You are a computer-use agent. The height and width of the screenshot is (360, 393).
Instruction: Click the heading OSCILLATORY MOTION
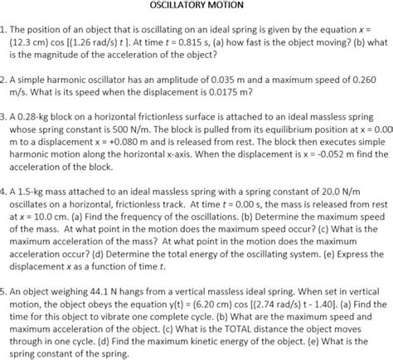(196, 5)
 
